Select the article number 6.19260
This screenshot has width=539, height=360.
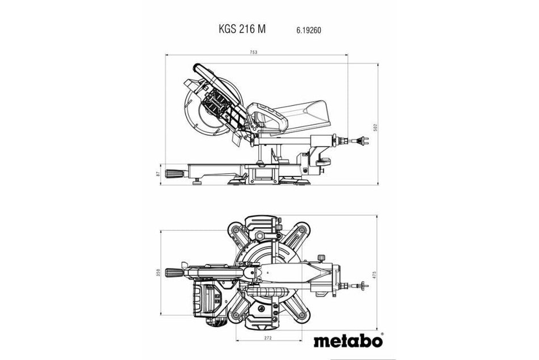point(307,30)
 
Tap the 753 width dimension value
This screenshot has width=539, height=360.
point(254,52)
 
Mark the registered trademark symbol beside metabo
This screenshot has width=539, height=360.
point(382,334)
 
